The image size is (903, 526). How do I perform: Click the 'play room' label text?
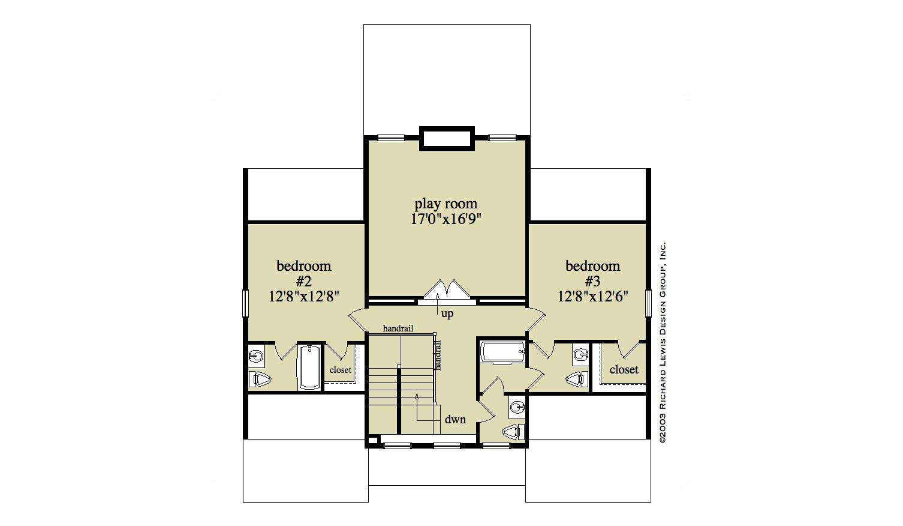tap(446, 204)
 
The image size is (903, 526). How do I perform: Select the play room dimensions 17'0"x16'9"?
tap(446, 219)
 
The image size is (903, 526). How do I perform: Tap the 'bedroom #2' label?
tap(303, 273)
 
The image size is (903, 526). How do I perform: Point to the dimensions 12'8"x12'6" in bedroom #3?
tap(592, 296)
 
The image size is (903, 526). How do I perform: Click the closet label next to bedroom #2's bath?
tap(340, 370)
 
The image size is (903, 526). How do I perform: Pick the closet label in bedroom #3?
tap(624, 370)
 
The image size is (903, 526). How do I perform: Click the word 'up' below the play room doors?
tap(447, 313)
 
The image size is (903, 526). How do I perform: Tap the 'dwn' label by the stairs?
tap(455, 419)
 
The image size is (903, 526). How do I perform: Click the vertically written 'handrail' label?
tap(438, 355)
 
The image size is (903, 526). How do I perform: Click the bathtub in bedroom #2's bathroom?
tap(310, 367)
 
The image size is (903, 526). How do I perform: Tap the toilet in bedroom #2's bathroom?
tap(260, 379)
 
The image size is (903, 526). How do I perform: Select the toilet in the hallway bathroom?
tap(513, 432)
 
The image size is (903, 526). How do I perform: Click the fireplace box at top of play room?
tap(447, 138)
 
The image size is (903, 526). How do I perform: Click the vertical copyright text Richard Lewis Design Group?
tap(663, 342)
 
